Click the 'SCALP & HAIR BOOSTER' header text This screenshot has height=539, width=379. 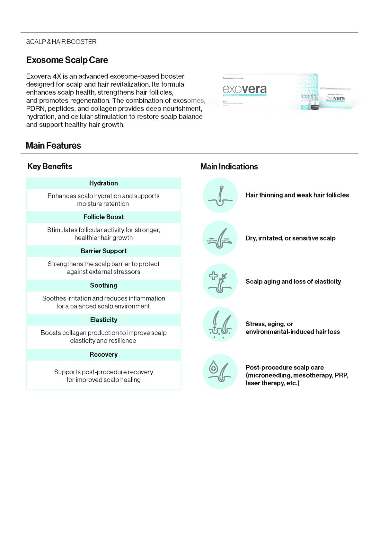61,42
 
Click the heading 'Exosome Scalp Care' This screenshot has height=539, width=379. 67,60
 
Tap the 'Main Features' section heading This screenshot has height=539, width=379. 53,146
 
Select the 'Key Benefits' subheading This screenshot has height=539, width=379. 50,166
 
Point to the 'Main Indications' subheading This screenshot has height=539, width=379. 229,167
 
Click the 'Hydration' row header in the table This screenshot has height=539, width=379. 103,183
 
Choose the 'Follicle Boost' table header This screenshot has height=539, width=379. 103,217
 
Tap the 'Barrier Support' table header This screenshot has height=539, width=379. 103,251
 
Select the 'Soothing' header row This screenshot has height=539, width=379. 103,285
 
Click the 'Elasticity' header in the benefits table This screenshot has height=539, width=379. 103,320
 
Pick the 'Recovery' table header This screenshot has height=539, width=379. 103,354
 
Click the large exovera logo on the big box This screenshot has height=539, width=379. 245,89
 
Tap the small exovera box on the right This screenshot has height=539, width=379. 335,98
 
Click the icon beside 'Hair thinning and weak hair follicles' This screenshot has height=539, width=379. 220,195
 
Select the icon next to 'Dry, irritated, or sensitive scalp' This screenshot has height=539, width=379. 220,238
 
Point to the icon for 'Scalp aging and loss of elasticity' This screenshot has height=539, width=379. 220,281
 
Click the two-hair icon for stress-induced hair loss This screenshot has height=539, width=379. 220,324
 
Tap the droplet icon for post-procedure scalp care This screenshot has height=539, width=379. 220,371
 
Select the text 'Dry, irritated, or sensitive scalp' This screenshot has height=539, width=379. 290,238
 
